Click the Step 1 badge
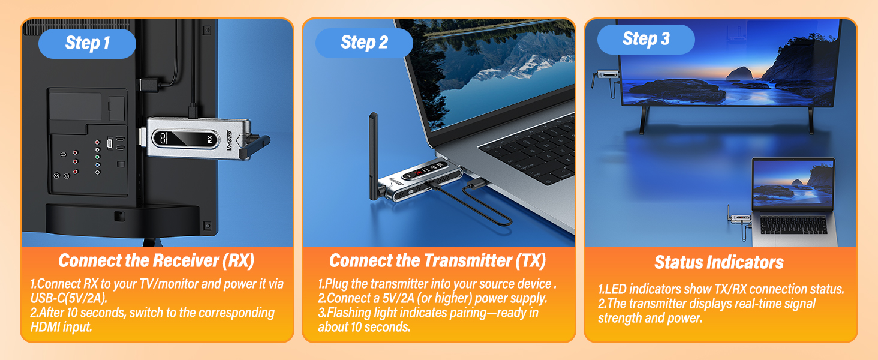(x=88, y=43)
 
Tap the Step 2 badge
(x=364, y=43)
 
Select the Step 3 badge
(x=646, y=39)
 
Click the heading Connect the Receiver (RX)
(x=157, y=260)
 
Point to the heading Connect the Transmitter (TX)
(x=438, y=260)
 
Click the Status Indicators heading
(x=719, y=262)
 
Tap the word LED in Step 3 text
(x=615, y=289)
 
